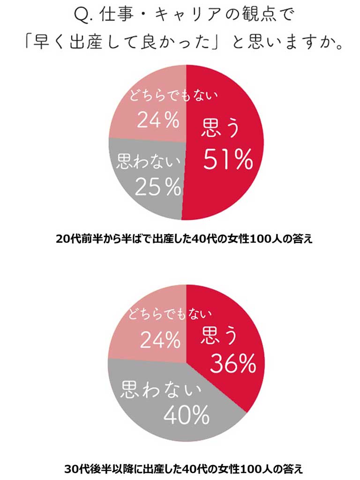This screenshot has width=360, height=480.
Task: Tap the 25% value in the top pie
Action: click(158, 187)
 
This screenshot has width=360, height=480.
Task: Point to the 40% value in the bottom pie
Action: click(186, 414)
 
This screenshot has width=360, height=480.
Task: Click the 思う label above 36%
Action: click(220, 337)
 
